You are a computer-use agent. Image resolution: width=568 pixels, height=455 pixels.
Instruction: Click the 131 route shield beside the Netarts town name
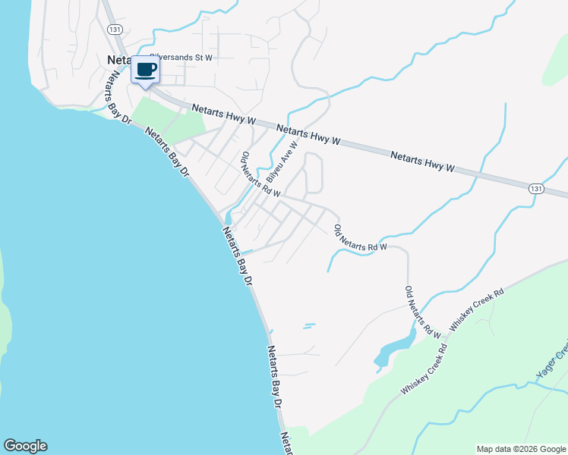tap(114, 29)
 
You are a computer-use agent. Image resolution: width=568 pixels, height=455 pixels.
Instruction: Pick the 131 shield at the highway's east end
tap(536, 188)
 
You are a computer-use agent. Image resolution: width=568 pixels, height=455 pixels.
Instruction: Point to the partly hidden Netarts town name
tap(119, 59)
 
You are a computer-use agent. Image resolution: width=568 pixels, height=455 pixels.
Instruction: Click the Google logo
tap(25, 446)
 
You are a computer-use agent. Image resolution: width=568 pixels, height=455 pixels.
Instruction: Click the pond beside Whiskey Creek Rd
tap(394, 350)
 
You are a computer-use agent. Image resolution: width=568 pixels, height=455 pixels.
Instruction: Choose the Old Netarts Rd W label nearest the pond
tap(422, 312)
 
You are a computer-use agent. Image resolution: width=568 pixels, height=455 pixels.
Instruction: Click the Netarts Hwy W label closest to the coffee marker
tap(225, 115)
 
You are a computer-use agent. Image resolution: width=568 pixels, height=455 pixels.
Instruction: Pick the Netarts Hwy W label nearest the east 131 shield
tap(422, 161)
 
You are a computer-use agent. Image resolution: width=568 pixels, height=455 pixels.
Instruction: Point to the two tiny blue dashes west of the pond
tap(308, 326)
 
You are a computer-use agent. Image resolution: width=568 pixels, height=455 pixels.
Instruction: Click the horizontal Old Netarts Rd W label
tap(361, 236)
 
